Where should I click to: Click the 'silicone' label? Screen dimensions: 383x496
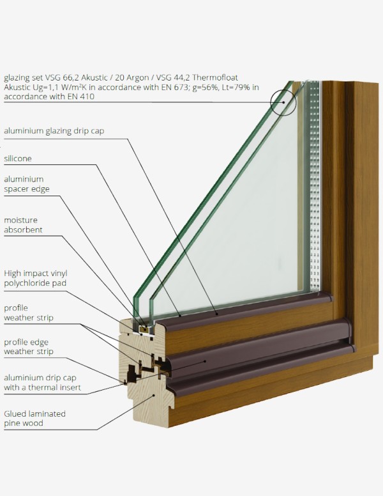(18, 159)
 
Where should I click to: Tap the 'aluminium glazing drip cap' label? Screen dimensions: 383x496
(54, 131)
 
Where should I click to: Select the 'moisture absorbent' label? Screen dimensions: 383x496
(23, 225)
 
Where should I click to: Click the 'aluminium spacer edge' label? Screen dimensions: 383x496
(27, 184)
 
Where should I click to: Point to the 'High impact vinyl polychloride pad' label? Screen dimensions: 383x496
(36, 278)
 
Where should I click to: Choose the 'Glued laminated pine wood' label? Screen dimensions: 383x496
(34, 419)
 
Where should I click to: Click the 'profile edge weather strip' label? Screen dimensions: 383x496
(29, 346)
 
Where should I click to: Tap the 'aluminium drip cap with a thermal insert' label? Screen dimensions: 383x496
(42, 382)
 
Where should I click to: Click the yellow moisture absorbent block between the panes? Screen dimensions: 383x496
(145, 329)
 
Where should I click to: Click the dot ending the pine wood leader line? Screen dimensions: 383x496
(154, 395)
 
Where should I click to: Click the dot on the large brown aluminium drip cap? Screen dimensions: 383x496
(205, 361)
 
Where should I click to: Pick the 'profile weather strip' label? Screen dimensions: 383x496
(29, 313)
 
